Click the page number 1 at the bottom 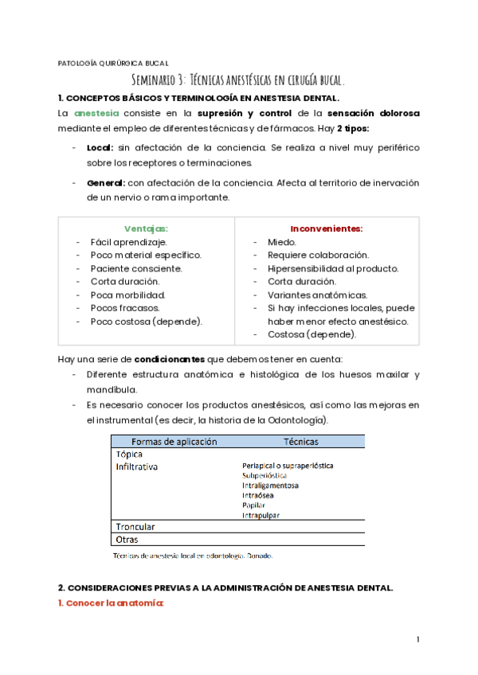[x=417, y=640]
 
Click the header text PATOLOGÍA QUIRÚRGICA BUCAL [x=114, y=64]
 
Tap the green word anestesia [x=97, y=114]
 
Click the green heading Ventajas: [x=146, y=228]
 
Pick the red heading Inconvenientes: [x=326, y=228]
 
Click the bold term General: [x=105, y=182]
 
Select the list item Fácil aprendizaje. [x=128, y=242]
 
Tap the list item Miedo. [x=282, y=242]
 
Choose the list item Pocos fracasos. [x=124, y=307]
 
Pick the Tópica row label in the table [x=130, y=454]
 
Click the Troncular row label [x=135, y=526]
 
